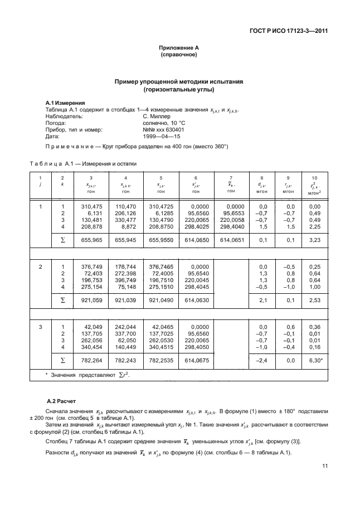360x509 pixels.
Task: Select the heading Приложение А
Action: [179, 49]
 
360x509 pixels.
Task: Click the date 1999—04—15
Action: [162, 135]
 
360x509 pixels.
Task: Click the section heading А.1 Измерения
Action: [65, 103]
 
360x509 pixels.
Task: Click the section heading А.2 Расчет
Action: [62, 400]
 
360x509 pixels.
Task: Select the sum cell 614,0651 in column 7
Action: [232, 240]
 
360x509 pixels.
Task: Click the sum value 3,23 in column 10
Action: [314, 240]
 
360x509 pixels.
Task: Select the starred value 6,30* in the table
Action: [314, 361]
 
